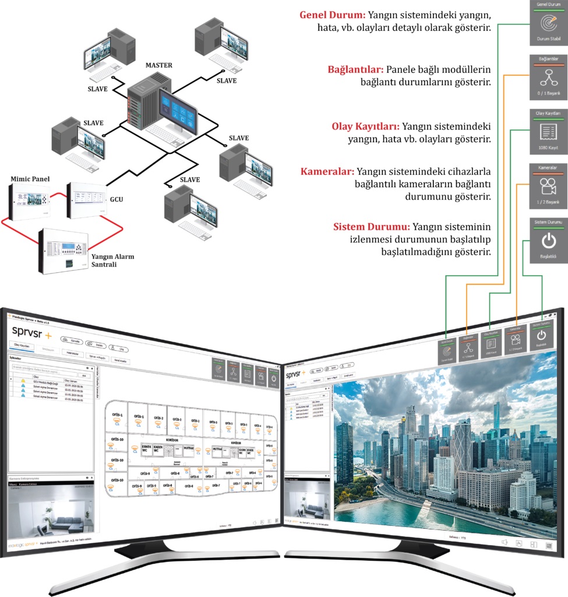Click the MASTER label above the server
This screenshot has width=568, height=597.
[x=158, y=65]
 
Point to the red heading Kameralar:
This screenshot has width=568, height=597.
[x=327, y=172]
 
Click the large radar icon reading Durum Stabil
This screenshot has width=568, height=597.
[x=548, y=23]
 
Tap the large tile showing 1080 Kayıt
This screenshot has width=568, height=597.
[x=548, y=132]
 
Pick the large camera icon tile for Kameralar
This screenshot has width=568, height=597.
[x=548, y=187]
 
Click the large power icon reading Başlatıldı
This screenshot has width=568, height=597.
[x=548, y=241]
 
